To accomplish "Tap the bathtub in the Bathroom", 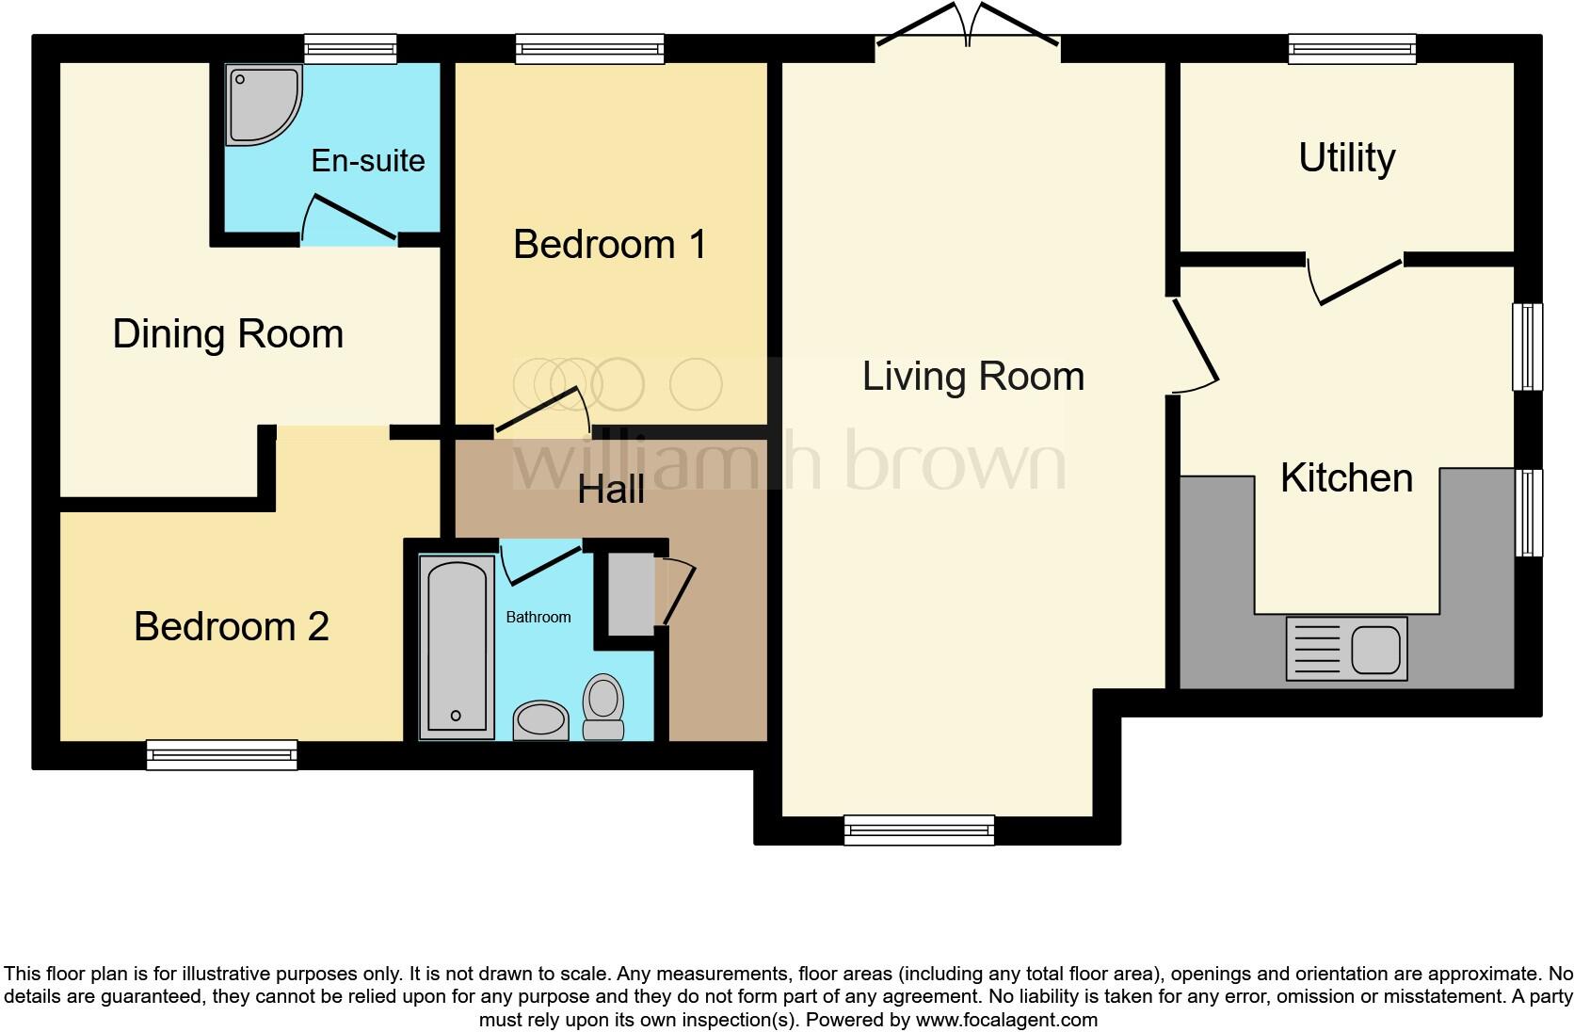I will (x=458, y=645).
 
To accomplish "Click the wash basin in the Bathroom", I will (x=540, y=720).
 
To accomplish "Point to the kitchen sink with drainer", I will (x=1346, y=649).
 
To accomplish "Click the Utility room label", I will (x=1346, y=158).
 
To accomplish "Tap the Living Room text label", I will (x=972, y=377).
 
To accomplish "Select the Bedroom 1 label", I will (x=609, y=245).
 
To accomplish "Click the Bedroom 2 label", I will (x=231, y=627).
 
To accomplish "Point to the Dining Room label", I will (x=228, y=334).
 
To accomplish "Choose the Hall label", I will (x=611, y=490).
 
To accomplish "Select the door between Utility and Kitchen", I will (x=1359, y=280).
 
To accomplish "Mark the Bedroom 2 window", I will (x=222, y=754).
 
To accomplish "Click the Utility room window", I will (x=1352, y=48).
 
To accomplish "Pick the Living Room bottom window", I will (x=919, y=829).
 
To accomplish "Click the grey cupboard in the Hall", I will (x=630, y=594).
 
